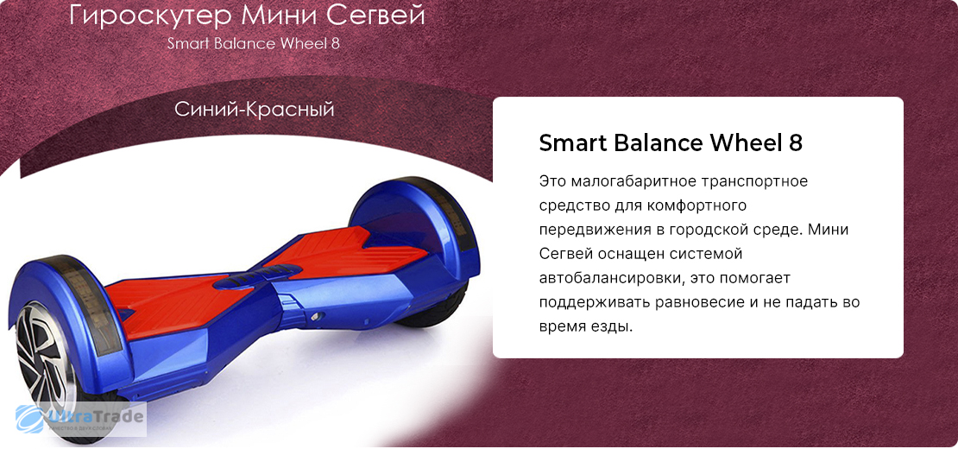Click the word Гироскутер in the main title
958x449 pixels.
tap(150, 16)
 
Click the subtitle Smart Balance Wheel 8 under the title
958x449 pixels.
tap(254, 44)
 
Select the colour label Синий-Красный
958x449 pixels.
tap(254, 110)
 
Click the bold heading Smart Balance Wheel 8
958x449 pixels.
tap(671, 143)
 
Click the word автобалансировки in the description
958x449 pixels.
tap(608, 278)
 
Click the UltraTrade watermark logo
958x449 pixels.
tap(80, 419)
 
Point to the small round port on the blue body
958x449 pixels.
tap(316, 316)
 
